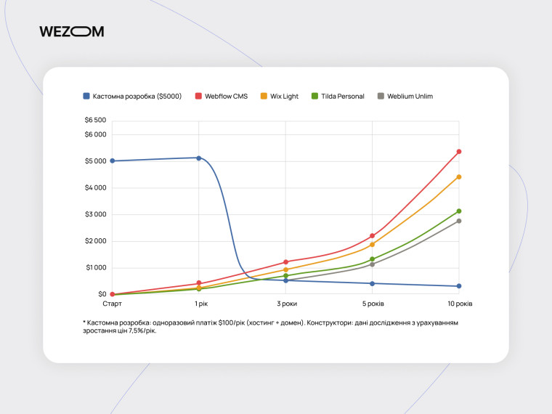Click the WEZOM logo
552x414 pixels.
72,31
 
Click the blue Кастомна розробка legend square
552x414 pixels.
86,96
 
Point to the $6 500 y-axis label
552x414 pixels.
95,120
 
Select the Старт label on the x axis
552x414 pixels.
112,304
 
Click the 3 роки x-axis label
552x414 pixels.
285,304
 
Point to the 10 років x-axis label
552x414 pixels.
458,304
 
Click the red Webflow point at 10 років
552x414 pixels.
459,152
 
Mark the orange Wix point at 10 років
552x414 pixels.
459,176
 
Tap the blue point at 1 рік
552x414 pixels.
199,158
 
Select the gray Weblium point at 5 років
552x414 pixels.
373,264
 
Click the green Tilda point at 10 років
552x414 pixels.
459,211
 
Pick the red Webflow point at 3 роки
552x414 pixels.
285,261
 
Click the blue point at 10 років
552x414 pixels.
459,286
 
